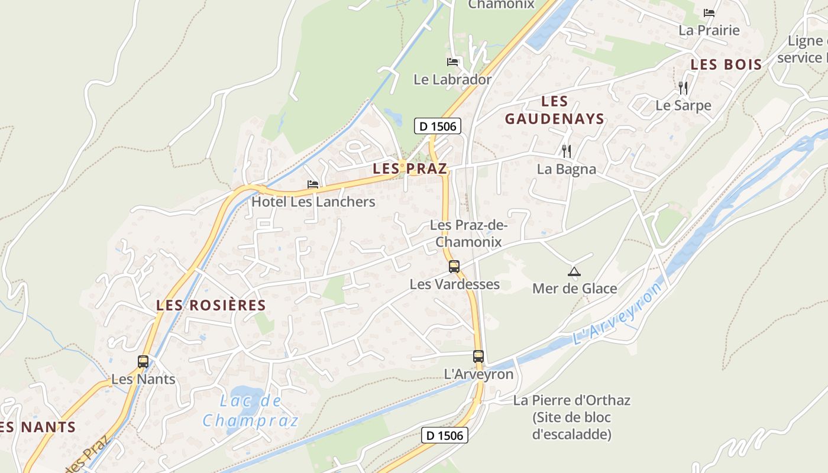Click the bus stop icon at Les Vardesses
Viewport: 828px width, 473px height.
click(454, 266)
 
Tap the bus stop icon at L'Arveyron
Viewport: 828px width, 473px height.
click(478, 357)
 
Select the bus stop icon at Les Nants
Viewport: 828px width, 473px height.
click(143, 361)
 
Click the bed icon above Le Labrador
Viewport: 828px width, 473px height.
click(452, 61)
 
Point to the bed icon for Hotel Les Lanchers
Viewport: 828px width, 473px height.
click(313, 184)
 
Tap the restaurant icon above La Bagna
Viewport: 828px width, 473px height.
click(567, 151)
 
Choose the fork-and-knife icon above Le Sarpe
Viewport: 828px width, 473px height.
click(683, 88)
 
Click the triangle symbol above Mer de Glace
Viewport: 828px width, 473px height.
click(574, 272)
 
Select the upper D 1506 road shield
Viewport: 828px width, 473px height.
click(437, 126)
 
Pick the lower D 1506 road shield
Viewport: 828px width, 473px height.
click(445, 436)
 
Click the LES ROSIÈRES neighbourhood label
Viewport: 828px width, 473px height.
click(211, 306)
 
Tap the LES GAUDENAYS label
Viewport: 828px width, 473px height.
click(555, 110)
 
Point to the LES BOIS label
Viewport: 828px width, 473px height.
click(726, 65)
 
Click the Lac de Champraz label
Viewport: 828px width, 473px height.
click(251, 411)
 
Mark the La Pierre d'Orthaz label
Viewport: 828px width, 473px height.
click(571, 417)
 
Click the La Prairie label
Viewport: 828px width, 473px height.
click(709, 30)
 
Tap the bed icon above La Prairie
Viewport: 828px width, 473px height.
click(709, 12)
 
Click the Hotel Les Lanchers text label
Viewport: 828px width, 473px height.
click(313, 202)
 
